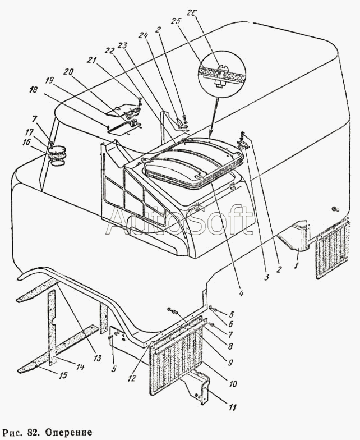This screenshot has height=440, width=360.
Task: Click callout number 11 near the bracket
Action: (232, 407)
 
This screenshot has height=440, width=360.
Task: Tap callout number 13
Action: (97, 358)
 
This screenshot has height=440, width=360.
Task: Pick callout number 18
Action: (33, 90)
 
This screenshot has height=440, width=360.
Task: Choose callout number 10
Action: (233, 383)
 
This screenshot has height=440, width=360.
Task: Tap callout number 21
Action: (92, 61)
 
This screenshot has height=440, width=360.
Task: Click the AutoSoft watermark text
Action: (179, 221)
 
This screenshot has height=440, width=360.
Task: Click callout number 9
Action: (230, 363)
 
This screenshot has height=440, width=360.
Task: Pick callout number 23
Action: (123, 46)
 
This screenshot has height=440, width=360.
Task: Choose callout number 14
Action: (80, 366)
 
